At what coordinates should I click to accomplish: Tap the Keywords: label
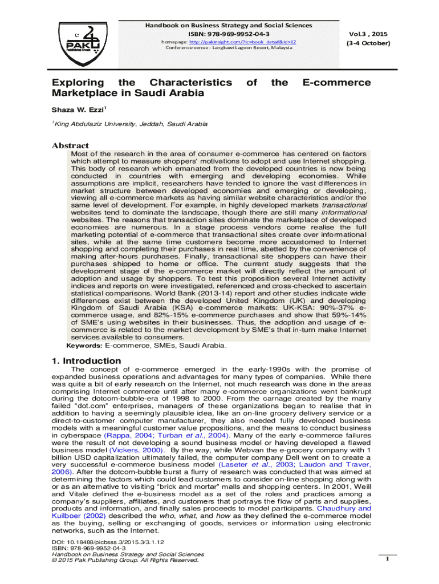click(84, 346)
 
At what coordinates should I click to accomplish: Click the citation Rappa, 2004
click(118, 435)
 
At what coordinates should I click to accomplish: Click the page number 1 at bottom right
click(387, 558)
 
